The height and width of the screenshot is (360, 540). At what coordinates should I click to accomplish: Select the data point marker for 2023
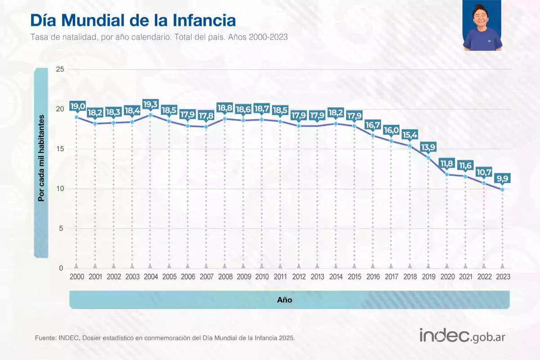[x=502, y=189]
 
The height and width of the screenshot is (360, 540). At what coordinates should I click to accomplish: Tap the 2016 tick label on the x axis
[x=373, y=277]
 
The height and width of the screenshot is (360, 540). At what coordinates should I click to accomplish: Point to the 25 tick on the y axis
[x=60, y=69]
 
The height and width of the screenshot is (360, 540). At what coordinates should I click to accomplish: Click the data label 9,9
[x=502, y=179]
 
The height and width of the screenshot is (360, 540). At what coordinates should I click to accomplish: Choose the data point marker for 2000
[x=76, y=117]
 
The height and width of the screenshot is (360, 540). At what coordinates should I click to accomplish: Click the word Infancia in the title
[x=204, y=21]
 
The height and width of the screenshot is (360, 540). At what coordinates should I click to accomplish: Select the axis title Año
[x=284, y=300]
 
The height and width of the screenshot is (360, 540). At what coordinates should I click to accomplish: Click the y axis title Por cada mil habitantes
[x=41, y=158]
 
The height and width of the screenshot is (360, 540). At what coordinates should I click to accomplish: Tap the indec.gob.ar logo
[x=462, y=336]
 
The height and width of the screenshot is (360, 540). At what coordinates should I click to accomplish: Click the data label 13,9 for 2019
[x=428, y=147]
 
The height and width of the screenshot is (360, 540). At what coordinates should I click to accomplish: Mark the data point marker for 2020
[x=447, y=174]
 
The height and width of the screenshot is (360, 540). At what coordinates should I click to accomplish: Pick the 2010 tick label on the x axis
[x=262, y=277]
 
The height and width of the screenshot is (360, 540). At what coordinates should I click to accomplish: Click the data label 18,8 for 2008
[x=225, y=108]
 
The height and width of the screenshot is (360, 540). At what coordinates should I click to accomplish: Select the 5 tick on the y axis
[x=61, y=228]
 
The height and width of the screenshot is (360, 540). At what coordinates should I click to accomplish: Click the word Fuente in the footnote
[x=45, y=338]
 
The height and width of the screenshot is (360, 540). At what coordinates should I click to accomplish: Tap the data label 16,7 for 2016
[x=373, y=125]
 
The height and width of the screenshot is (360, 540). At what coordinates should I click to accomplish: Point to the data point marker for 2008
[x=225, y=119]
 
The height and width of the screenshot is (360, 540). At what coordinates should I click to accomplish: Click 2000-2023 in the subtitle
[x=268, y=37]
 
